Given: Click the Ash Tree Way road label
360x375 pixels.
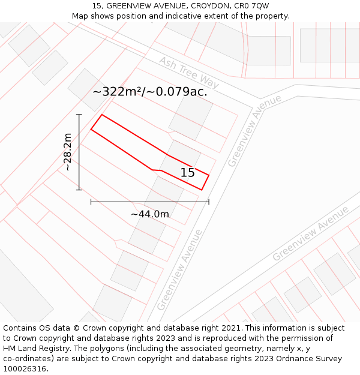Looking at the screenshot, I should (189, 73).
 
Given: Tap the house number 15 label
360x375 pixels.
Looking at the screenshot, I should (188, 173).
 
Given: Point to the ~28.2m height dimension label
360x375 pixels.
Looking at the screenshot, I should (68, 152).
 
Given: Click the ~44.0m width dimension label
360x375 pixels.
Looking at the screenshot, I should (150, 214).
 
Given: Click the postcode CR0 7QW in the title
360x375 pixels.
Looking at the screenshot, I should (251, 6).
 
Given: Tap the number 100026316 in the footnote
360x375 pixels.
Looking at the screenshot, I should (26, 369).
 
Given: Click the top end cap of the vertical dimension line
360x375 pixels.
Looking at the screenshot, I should (79, 114).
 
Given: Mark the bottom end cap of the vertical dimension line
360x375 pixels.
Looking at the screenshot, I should (79, 190).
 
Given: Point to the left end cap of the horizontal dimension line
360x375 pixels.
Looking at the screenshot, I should (91, 202).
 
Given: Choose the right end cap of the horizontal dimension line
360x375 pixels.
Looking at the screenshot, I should (209, 202).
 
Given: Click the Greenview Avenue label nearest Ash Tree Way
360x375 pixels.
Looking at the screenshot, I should (254, 130).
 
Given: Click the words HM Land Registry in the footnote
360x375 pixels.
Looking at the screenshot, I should (35, 349).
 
